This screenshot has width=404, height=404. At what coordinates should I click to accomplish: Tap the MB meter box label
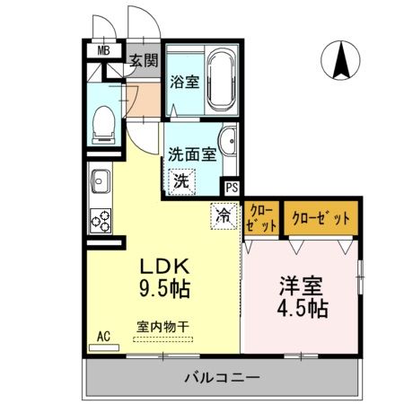[104, 50]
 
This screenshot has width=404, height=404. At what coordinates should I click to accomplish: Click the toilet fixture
[103, 122]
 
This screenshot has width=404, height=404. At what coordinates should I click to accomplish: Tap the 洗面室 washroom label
[192, 154]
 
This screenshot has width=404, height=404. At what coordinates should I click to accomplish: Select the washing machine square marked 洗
[181, 180]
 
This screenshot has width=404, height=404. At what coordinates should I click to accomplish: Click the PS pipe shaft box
[233, 189]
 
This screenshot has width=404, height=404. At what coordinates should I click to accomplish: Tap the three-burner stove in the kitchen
[99, 218]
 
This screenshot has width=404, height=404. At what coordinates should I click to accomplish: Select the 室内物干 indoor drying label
[162, 327]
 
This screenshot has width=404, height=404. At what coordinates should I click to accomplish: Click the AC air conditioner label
[103, 336]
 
